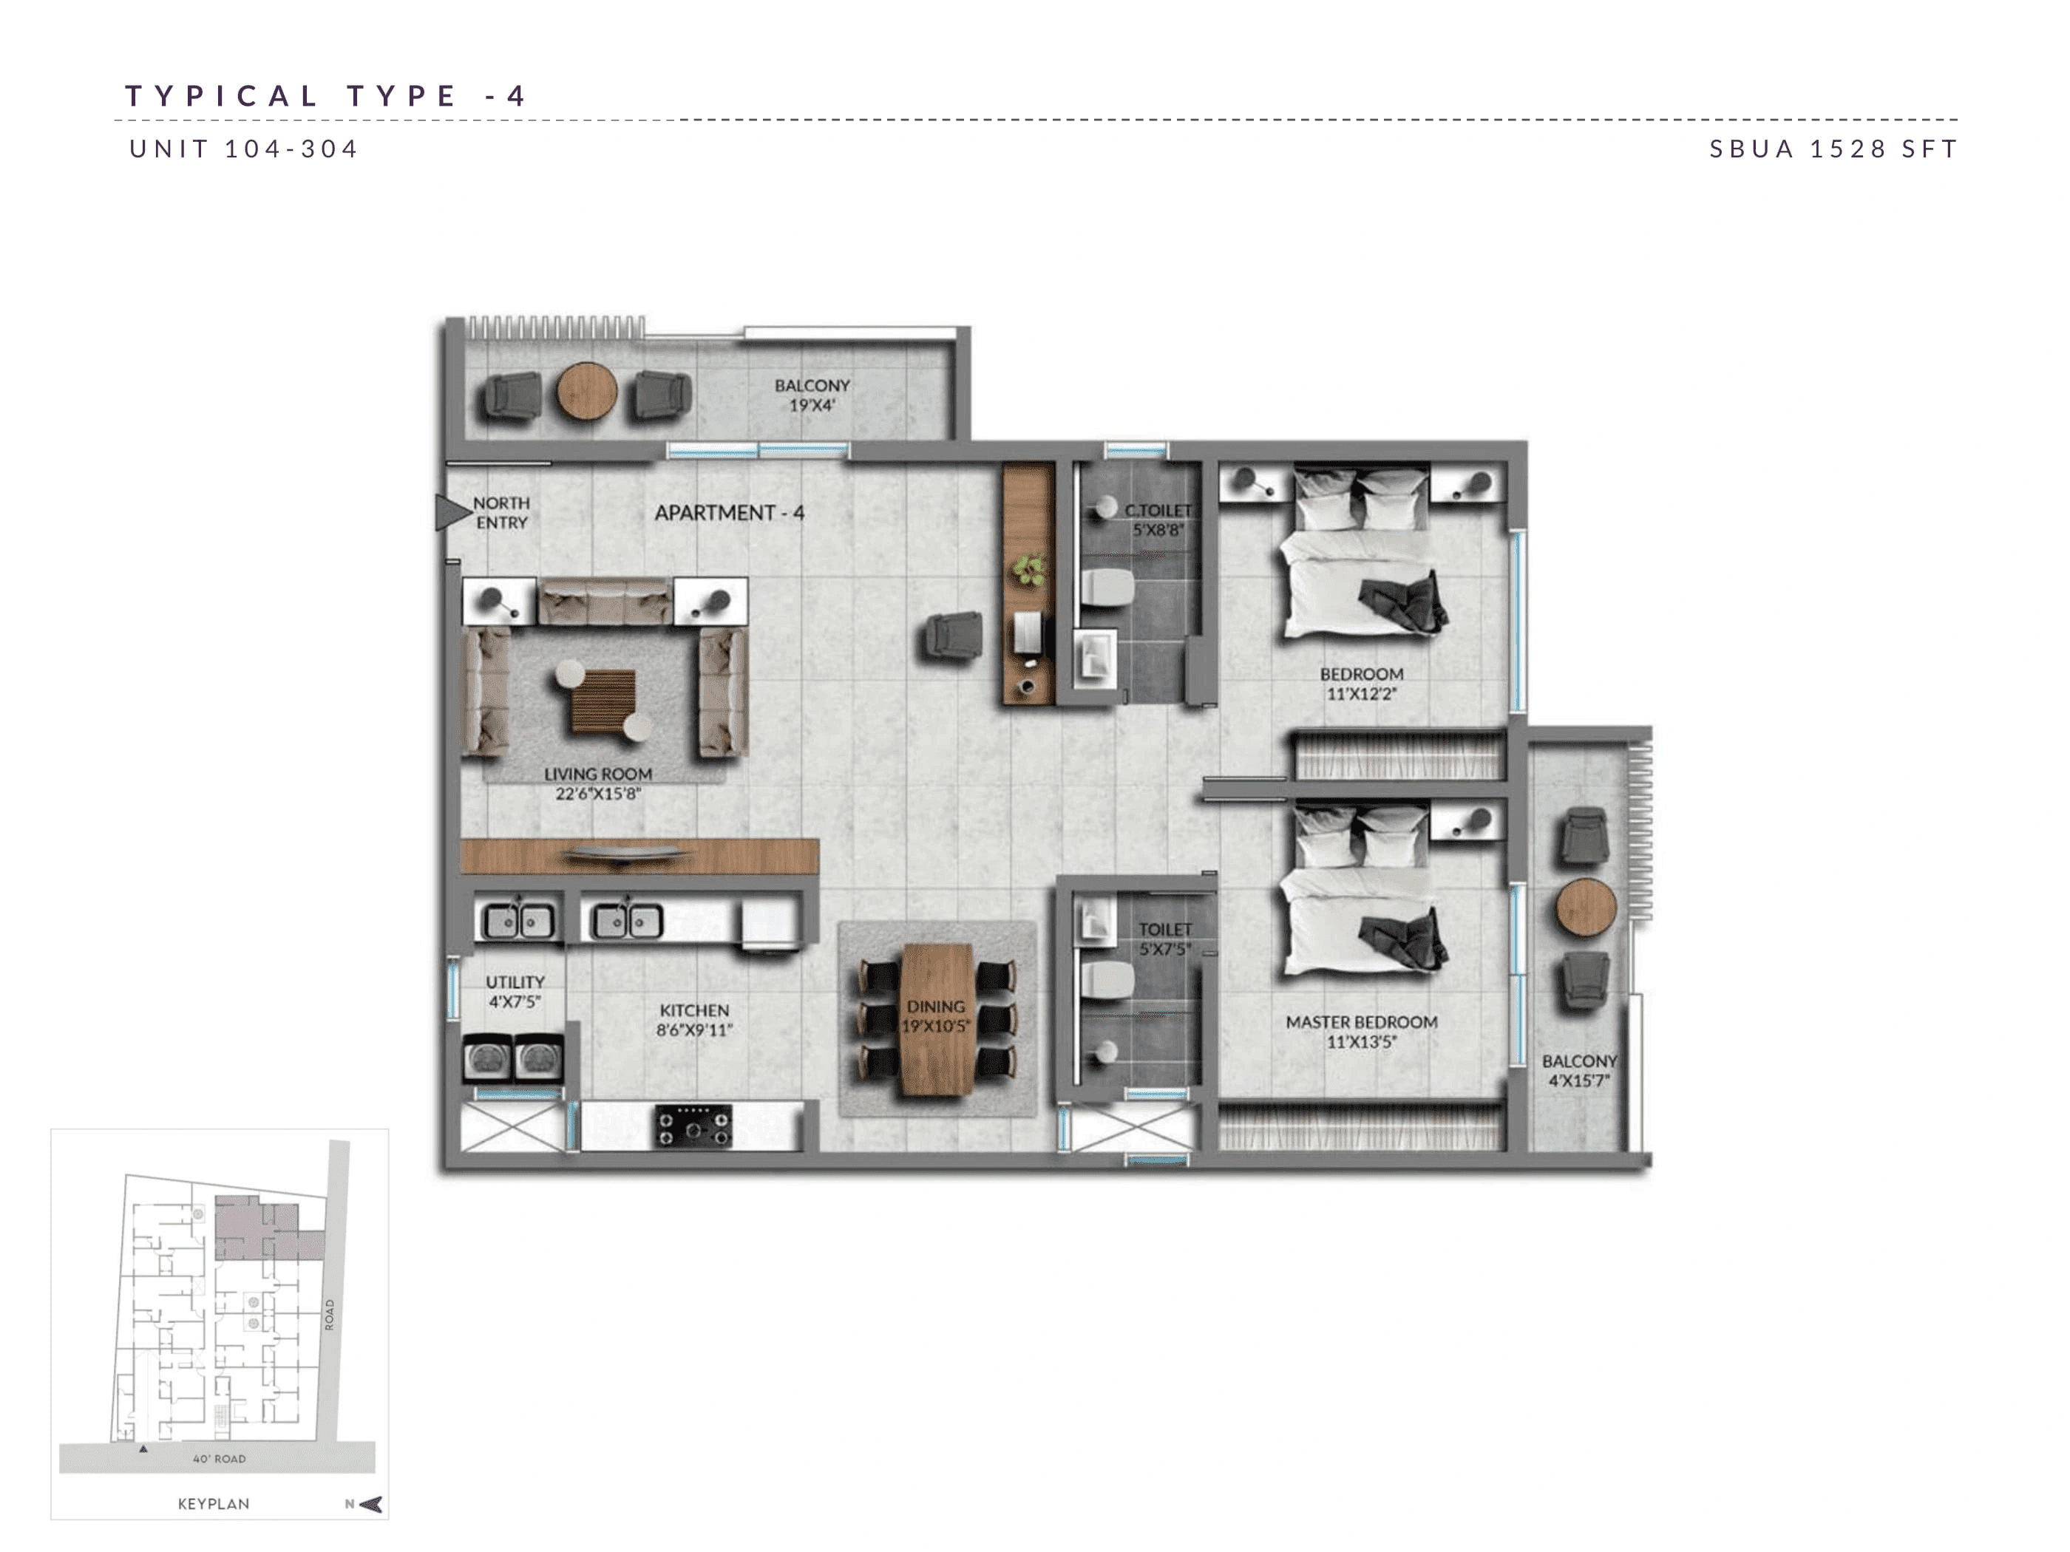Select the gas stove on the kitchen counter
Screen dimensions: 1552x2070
click(693, 1126)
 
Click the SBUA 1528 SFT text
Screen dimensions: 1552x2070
click(1833, 149)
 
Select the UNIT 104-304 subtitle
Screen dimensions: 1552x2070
click(244, 149)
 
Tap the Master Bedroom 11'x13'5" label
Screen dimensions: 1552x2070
click(1361, 1032)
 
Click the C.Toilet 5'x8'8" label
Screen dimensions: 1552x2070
click(1158, 520)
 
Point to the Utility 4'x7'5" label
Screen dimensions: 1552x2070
click(515, 992)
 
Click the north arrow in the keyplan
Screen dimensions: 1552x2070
click(370, 1504)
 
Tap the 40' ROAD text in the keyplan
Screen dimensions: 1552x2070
click(219, 1458)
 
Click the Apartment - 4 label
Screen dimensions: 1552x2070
click(729, 513)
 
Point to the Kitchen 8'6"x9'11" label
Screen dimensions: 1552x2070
click(693, 1020)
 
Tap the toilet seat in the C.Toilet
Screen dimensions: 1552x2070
click(1108, 588)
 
